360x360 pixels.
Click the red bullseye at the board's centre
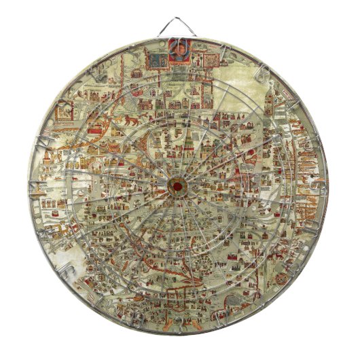(x=179, y=185)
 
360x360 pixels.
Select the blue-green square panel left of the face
(x=158, y=60)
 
